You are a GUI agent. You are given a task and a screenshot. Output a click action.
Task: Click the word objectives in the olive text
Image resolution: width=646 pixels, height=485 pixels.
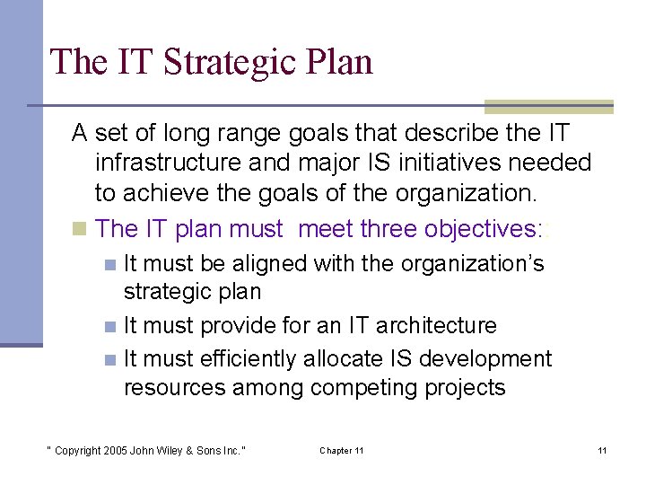click(473, 228)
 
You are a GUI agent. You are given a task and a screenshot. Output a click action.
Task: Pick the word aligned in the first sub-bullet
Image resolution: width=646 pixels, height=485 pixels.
click(268, 264)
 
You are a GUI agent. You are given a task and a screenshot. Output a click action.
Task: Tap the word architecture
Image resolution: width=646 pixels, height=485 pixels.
click(444, 325)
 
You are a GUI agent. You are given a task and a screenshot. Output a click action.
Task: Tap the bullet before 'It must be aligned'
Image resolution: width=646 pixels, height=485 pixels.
click(109, 265)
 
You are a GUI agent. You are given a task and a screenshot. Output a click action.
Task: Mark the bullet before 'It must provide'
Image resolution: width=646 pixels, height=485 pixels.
click(109, 326)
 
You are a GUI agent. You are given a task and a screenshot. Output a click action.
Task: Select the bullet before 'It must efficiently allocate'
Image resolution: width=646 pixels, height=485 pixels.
click(109, 359)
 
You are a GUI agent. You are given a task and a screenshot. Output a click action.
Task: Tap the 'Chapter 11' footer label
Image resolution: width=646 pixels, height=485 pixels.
click(341, 450)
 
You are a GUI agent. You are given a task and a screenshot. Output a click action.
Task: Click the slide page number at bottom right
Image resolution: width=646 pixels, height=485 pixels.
click(602, 450)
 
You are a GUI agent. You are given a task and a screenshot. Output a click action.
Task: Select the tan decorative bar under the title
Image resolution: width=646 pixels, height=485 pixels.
click(548, 107)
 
